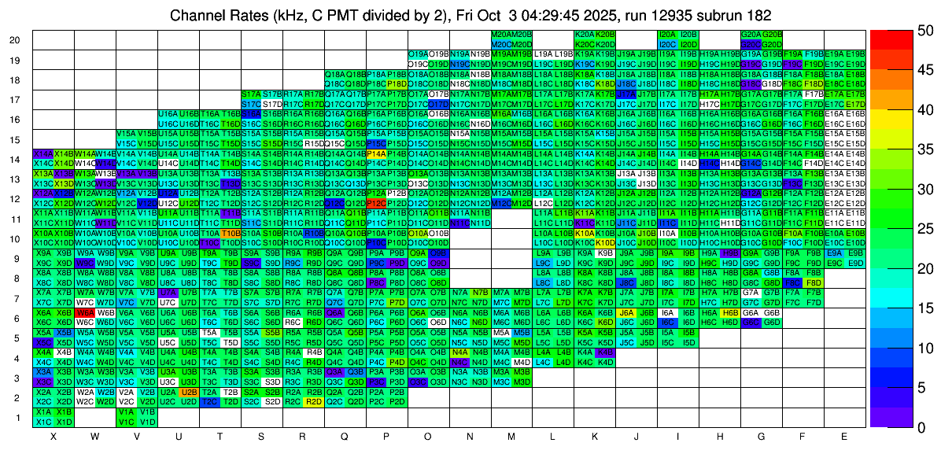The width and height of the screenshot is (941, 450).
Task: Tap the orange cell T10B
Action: [x=230, y=233]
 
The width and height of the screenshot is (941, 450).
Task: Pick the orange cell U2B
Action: [x=189, y=391]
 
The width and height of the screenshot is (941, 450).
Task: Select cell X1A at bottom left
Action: [x=43, y=411]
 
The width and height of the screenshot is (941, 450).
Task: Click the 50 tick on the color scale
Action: [x=915, y=31]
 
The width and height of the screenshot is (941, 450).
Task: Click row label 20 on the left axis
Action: [x=16, y=40]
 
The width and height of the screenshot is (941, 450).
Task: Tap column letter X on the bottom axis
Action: [x=54, y=436]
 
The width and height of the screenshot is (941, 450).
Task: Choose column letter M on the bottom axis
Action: [x=511, y=436]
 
